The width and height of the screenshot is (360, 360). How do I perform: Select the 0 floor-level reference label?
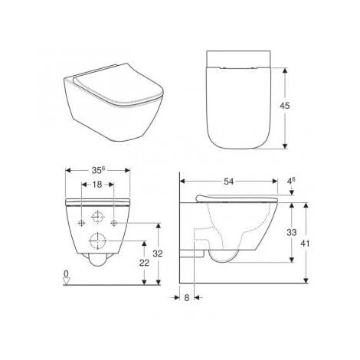tap(67, 273)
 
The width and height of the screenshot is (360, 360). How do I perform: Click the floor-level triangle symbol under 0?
tap(67, 282)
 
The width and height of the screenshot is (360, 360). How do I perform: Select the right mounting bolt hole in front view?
tap(113, 222)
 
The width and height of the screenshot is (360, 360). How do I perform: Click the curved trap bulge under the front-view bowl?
tap(98, 265)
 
